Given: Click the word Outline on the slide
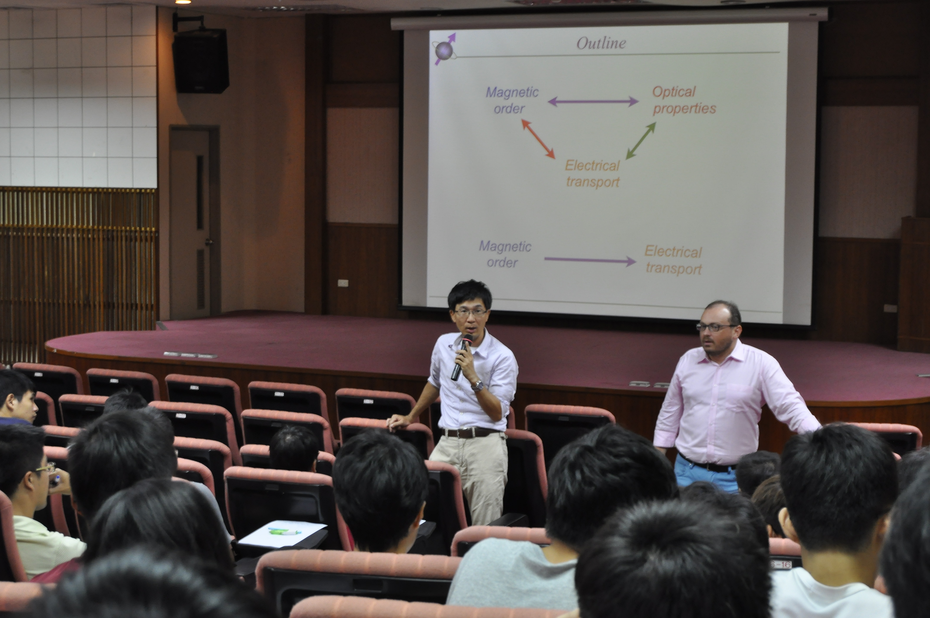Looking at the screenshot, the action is point(601,43).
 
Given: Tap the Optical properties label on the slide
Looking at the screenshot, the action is point(684,100).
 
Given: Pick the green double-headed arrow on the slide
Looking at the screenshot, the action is point(641,141).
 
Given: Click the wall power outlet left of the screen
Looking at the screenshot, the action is point(343,283).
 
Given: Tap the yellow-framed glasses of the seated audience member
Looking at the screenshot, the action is point(45,468).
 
